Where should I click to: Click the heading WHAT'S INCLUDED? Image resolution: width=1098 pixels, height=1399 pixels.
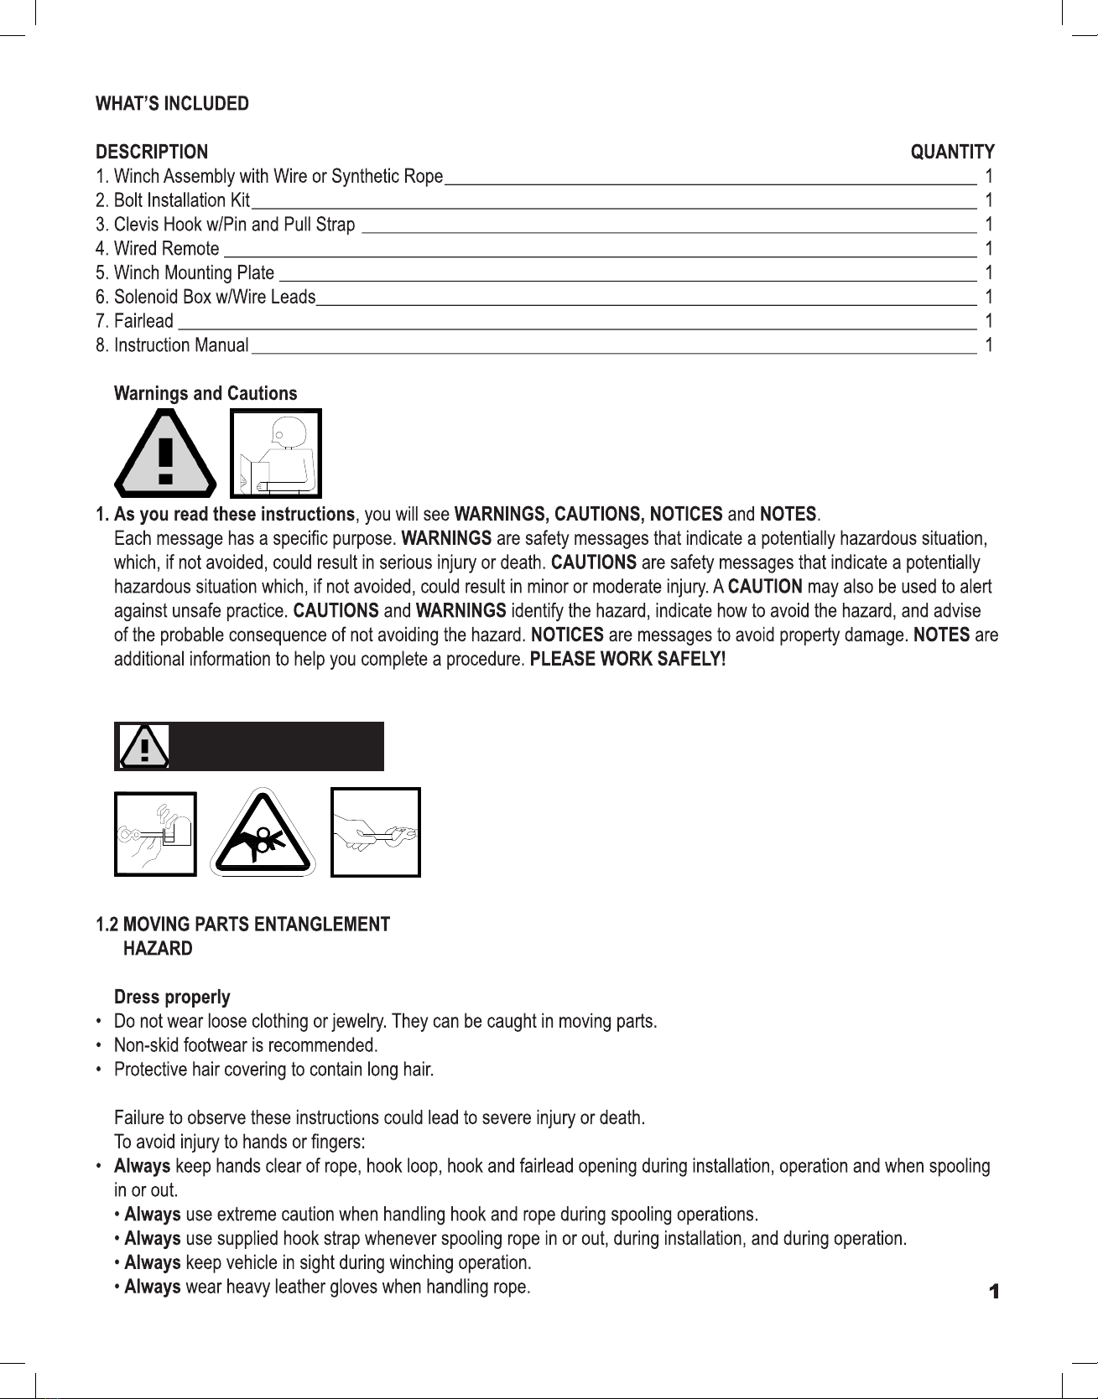(172, 104)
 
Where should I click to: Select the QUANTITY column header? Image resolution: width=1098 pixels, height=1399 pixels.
(952, 153)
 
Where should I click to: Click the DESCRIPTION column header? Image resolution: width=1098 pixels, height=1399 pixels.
(152, 153)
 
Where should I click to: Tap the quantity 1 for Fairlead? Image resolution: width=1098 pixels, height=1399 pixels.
(989, 321)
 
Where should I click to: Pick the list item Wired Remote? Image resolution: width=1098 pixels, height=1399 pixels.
(158, 249)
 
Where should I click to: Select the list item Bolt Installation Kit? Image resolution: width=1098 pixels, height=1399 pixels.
(173, 200)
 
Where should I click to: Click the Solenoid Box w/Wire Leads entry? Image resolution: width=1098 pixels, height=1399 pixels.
(206, 298)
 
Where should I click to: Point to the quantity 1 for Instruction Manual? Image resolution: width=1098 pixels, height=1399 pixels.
(989, 345)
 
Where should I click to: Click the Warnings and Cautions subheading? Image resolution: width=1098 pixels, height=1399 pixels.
(206, 394)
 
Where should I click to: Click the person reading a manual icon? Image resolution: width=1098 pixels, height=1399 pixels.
(276, 453)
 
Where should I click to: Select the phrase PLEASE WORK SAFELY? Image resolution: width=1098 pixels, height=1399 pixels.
(627, 660)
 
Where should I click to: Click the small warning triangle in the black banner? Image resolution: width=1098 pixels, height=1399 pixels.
(144, 746)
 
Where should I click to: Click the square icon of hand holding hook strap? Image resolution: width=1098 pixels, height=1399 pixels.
(376, 832)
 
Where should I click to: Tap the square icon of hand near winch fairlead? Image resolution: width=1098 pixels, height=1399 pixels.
(155, 834)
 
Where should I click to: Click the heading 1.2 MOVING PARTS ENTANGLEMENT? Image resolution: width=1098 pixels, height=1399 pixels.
(242, 925)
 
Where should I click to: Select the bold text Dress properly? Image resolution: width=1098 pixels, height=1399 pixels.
(172, 997)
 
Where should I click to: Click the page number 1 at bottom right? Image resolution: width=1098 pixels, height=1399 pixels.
(994, 1292)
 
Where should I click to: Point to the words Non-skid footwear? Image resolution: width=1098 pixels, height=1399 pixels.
(172, 1046)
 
